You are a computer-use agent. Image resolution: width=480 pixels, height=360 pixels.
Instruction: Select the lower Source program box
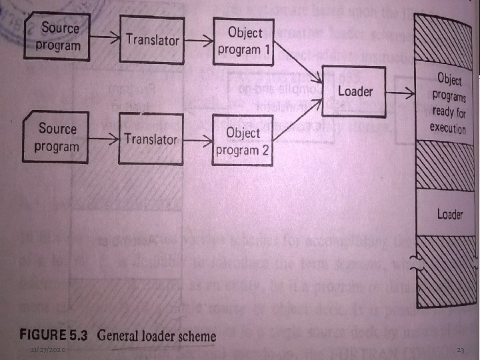(x=57, y=138)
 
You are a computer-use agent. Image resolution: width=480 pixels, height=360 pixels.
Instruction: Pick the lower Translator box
(x=151, y=140)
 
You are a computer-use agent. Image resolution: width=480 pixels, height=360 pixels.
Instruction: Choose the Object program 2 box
(x=242, y=141)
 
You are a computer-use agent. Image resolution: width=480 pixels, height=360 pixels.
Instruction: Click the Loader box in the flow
(x=355, y=91)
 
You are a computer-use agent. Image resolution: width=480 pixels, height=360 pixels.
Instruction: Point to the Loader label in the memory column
(x=449, y=214)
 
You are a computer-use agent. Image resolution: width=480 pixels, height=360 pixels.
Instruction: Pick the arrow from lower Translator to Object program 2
(x=195, y=140)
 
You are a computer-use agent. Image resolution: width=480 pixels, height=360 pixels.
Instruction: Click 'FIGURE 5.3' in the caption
(x=59, y=335)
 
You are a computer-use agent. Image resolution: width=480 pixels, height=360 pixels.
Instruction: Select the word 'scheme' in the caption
(x=193, y=335)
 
